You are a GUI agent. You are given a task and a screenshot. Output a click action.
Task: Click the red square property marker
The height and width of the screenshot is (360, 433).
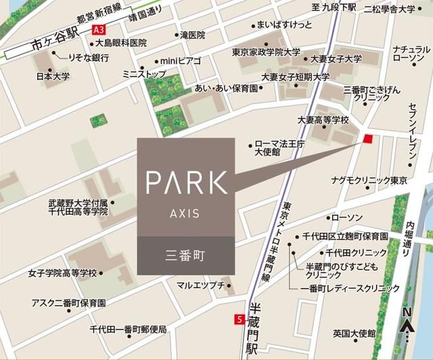click(x=367, y=139)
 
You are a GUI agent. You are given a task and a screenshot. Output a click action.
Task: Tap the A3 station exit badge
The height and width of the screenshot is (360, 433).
click(x=99, y=29)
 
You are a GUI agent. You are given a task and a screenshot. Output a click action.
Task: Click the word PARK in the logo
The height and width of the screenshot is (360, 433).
click(x=187, y=182)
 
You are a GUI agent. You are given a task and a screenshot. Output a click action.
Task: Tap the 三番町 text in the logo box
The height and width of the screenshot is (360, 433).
click(x=185, y=256)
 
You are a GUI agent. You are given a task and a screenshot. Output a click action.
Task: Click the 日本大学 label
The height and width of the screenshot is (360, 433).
click(x=53, y=76)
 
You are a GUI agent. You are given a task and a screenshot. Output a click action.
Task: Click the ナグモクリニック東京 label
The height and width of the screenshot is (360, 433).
click(x=369, y=181)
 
